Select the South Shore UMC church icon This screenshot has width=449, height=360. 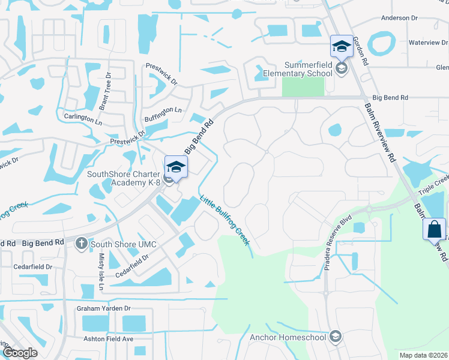tap(82, 244)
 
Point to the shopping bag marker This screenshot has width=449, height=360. tap(434, 229)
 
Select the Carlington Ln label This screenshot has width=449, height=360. tap(82, 118)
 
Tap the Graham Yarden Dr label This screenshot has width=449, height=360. tap(103, 308)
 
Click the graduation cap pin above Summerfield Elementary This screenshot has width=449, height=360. tap(342, 46)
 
